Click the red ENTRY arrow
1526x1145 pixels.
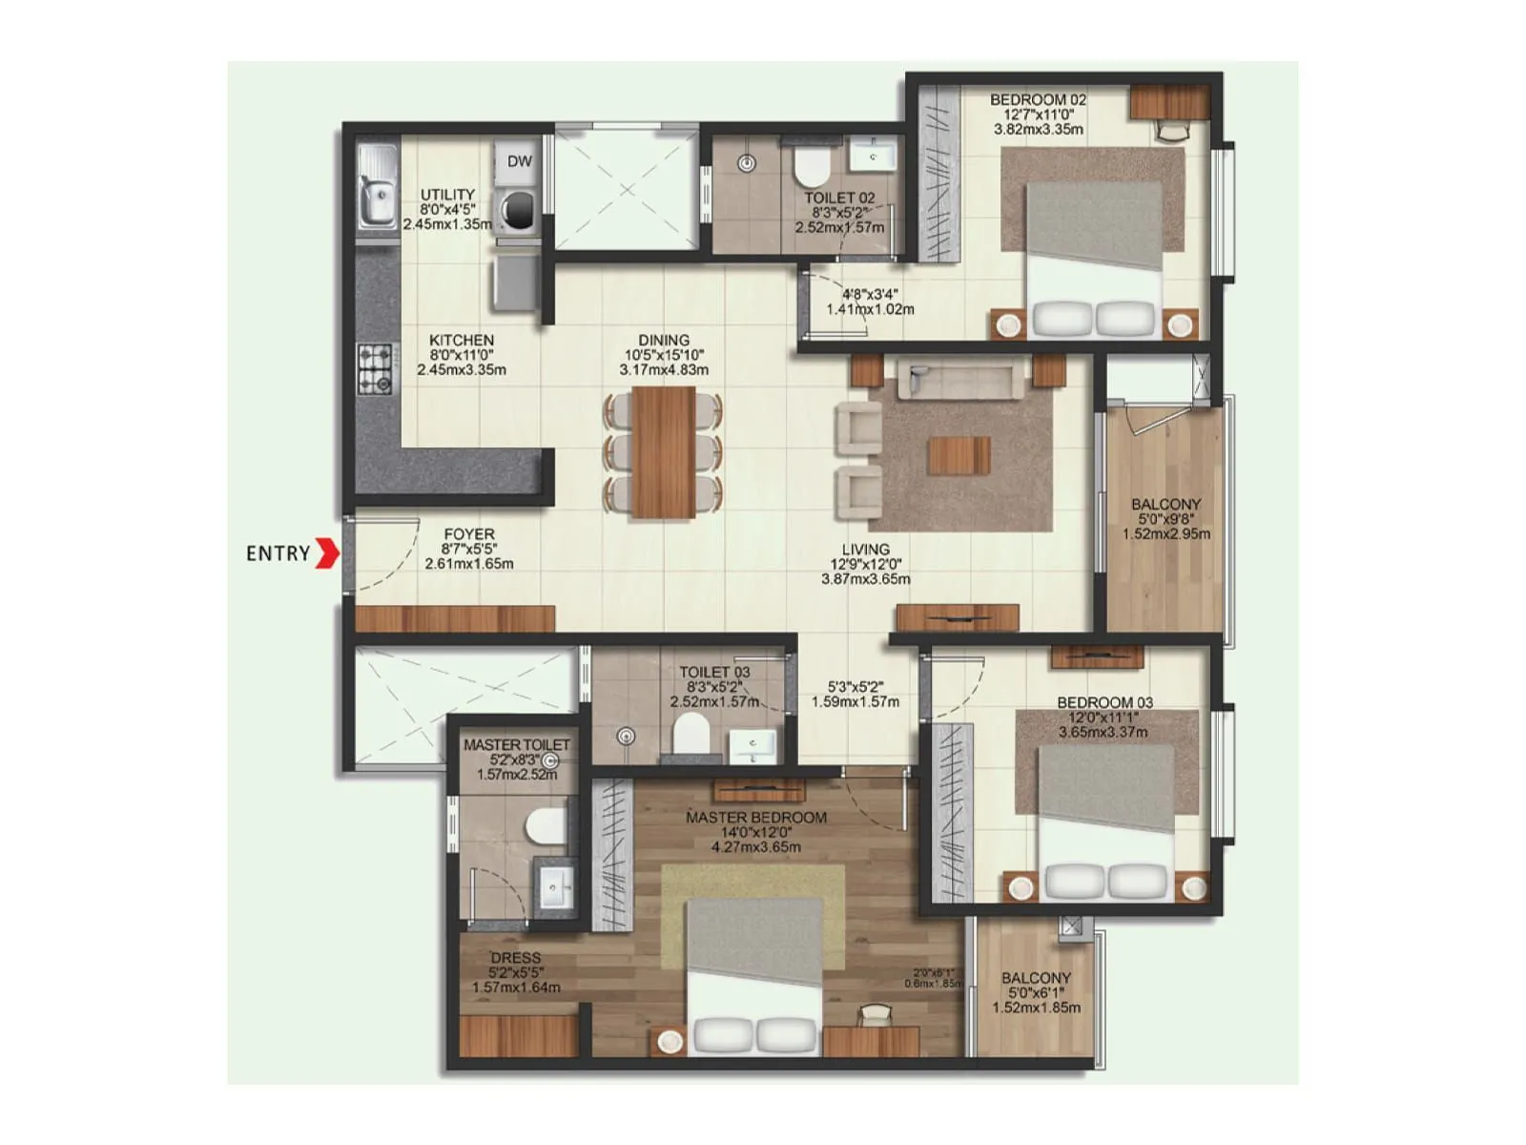pos(327,553)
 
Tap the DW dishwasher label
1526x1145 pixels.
pos(519,161)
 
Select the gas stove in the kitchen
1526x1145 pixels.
pos(375,369)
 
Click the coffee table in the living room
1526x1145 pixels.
pos(959,455)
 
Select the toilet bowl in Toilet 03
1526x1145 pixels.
pos(690,736)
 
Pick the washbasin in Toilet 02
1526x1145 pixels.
pos(873,153)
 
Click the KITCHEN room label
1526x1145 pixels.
pos(462,341)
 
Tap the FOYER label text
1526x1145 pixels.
pos(469,535)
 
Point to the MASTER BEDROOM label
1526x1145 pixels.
pos(756,818)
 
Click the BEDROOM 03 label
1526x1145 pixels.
pos(1104,703)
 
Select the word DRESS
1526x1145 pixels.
pos(516,958)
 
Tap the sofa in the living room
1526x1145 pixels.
pos(958,380)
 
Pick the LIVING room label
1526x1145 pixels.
pos(865,550)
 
